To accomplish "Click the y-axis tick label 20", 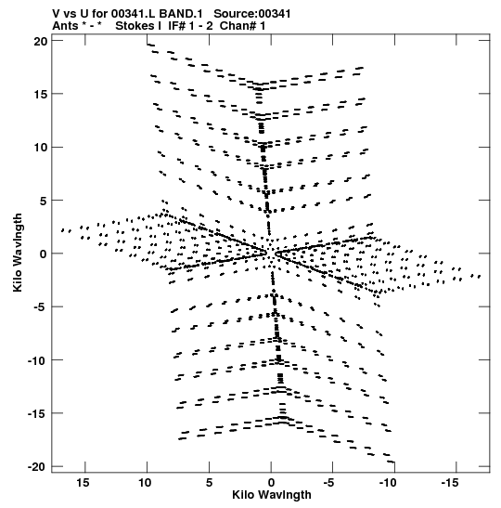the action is (x=40, y=41).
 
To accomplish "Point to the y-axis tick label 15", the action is (x=40, y=95).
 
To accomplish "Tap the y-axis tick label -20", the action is (x=37, y=466).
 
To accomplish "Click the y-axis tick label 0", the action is (x=44, y=254).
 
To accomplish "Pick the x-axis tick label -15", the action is (x=450, y=483).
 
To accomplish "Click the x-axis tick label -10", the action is (x=388, y=483).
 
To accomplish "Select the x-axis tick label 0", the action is (x=271, y=483).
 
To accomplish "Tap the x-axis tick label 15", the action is (x=83, y=483).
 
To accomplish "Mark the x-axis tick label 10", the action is (x=145, y=483).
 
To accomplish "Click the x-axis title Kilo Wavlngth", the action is (x=272, y=495).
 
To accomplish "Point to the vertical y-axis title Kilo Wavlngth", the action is (x=18, y=253).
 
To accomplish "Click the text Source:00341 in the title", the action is (x=252, y=14).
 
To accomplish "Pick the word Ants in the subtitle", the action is (x=65, y=26).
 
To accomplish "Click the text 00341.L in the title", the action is (x=133, y=14).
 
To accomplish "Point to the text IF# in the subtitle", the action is (x=176, y=26).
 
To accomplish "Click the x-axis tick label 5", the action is (x=209, y=483).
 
